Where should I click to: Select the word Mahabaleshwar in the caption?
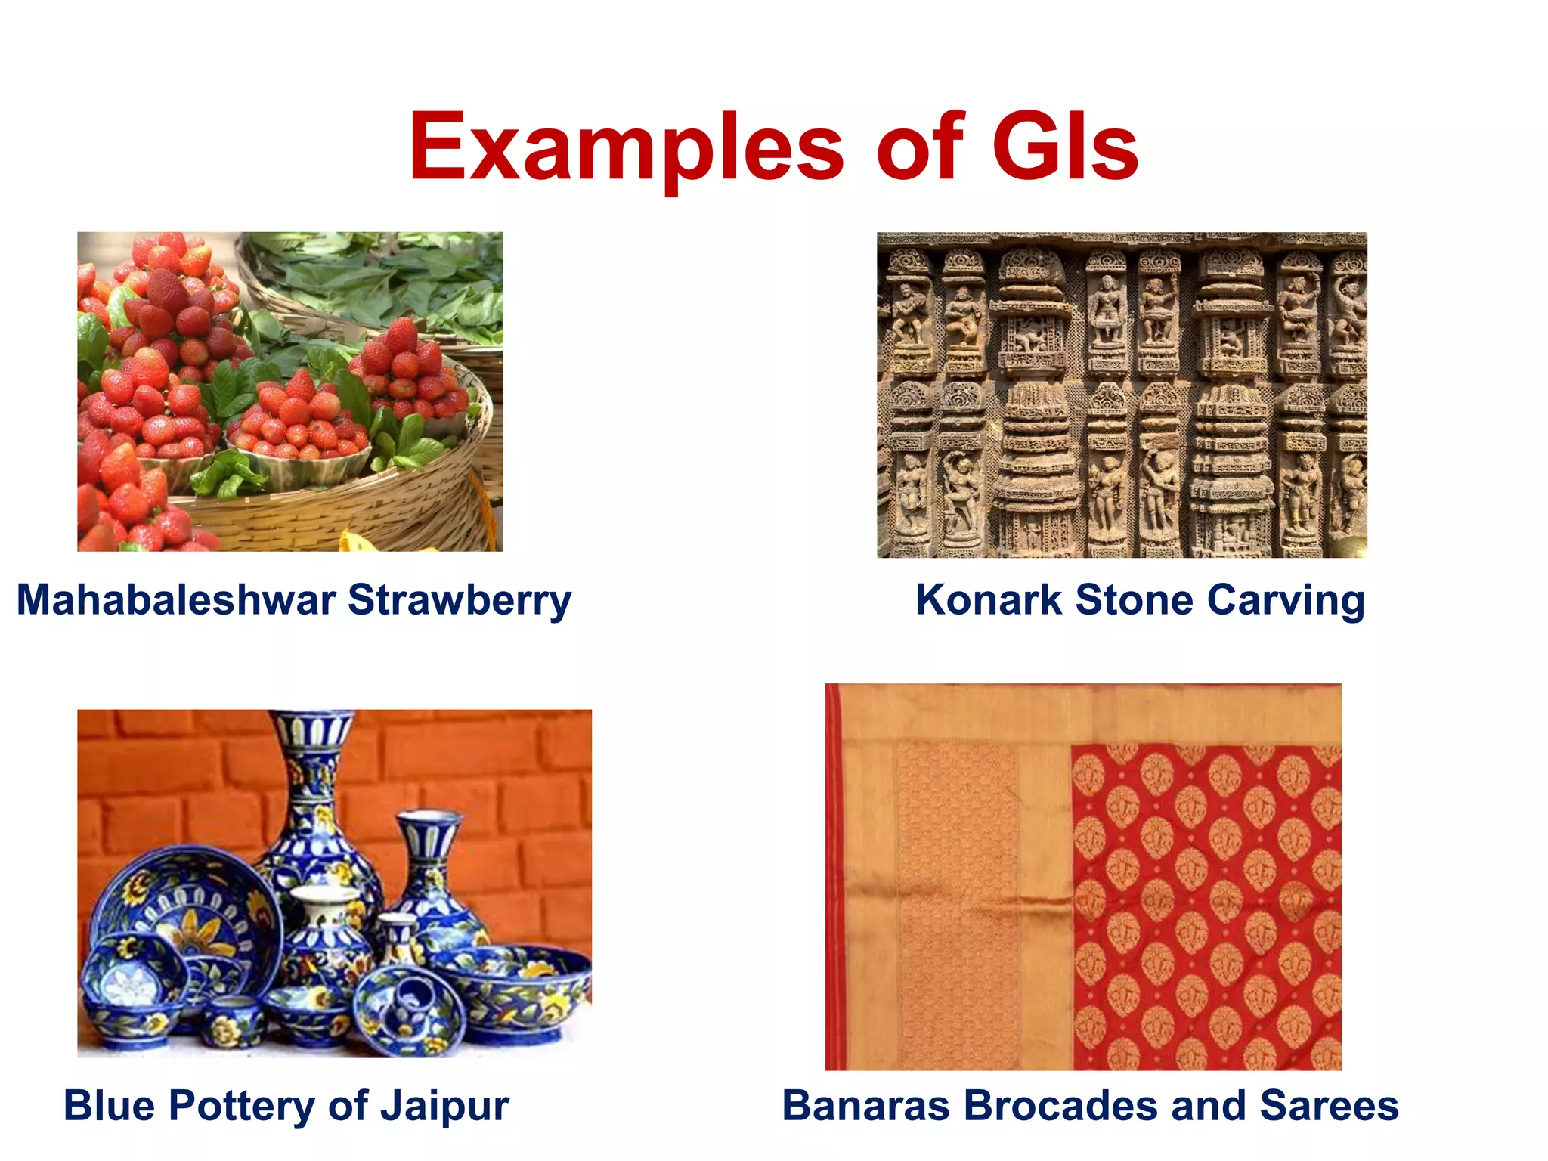coord(176,600)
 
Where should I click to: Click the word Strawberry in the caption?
coord(460,602)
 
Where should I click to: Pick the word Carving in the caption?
coord(1285,602)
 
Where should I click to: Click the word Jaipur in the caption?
coord(444,1107)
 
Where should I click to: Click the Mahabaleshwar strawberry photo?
coord(289,392)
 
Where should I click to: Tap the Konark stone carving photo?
coord(1122,395)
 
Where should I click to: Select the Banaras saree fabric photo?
coord(1083,877)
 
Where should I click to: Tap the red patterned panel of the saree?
coord(1206,907)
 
